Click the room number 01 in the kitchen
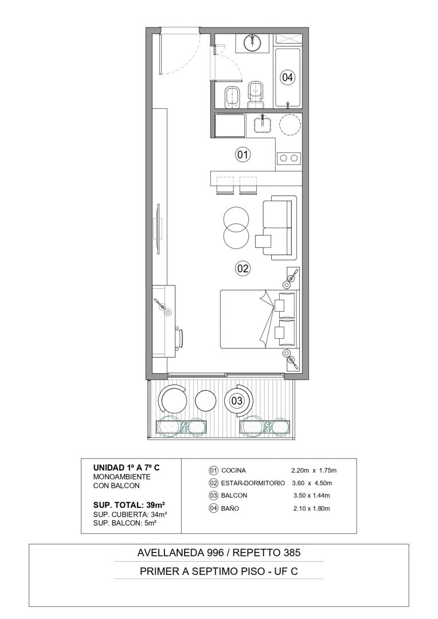pos(243,154)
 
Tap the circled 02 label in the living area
pos(243,268)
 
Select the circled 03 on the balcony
pos(237,401)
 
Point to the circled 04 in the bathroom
pos(287,77)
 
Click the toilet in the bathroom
pos(256,95)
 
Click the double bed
pos(257,319)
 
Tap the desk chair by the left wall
pos(179,338)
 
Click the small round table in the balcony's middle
pos(206,401)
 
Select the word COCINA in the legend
pos(233,470)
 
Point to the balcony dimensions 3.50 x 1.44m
pos(312,495)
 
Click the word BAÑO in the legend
pos(230,508)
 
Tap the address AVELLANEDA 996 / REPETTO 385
pos(219,553)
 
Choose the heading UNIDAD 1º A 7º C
pos(126,468)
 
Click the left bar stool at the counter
pos(225,186)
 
